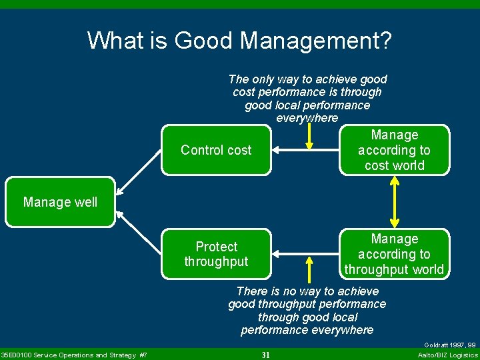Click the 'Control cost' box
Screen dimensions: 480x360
(216, 150)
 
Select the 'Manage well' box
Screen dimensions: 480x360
(60, 202)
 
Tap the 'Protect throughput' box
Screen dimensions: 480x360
(216, 254)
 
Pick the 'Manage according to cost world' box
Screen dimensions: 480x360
(394, 150)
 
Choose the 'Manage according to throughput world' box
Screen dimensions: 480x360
(394, 254)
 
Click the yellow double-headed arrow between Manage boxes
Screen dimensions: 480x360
(395, 202)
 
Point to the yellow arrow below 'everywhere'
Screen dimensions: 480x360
(309, 137)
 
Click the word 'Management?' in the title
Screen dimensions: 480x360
(316, 41)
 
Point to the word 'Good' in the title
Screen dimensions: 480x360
(203, 41)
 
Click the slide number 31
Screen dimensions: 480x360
(265, 355)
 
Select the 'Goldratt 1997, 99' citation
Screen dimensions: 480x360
(450, 345)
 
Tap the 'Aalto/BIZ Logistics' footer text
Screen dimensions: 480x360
(447, 355)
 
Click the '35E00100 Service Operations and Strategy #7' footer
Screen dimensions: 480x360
(74, 355)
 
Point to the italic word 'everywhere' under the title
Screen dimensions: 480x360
(307, 118)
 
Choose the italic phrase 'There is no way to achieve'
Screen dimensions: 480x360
(307, 291)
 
